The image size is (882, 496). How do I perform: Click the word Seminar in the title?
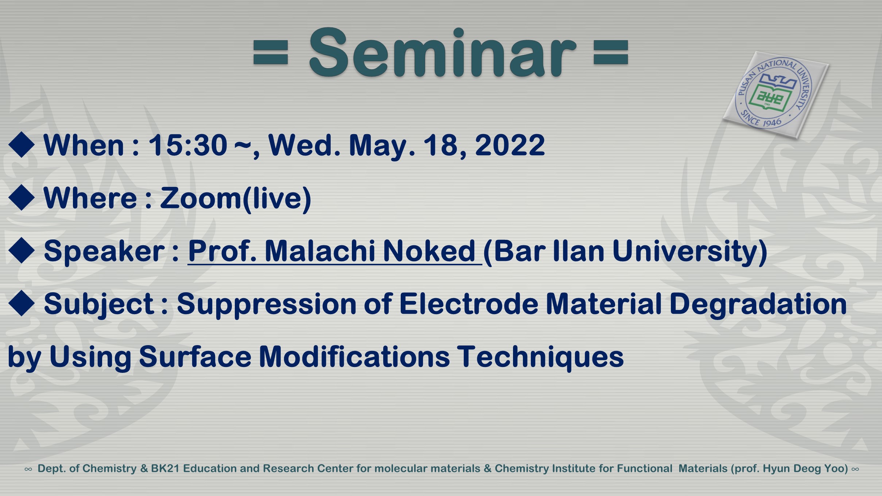[x=443, y=52]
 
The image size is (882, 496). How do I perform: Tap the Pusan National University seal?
[x=776, y=94]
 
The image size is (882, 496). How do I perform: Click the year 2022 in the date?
[x=510, y=145]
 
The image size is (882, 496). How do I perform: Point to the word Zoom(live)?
[x=236, y=198]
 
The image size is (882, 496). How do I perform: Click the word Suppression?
[x=267, y=304]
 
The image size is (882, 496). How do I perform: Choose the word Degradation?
[x=758, y=304]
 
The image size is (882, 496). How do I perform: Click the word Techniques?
[x=540, y=357]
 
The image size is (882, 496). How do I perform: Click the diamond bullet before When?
[x=22, y=145]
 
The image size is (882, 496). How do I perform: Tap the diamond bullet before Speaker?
[x=22, y=250]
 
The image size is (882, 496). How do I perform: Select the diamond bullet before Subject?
[x=22, y=303]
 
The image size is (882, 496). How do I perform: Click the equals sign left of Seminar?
[x=271, y=53]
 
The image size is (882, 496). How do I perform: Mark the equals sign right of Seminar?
[x=611, y=53]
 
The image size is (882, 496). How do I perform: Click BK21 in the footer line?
[x=165, y=468]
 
